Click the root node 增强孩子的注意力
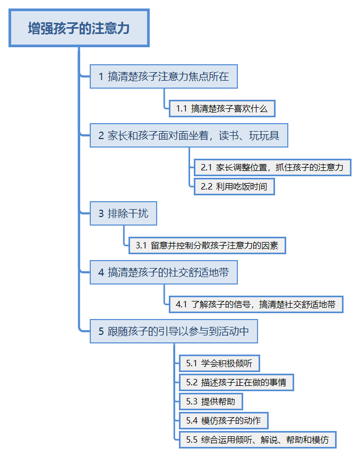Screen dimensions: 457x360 79,28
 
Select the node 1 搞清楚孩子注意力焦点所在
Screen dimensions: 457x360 164,77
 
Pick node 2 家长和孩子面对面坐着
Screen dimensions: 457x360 188,136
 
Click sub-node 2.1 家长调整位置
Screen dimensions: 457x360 272,168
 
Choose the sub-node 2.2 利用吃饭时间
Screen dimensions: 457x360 234,186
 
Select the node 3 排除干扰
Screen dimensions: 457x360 123,214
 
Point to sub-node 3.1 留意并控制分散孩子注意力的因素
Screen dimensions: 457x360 207,245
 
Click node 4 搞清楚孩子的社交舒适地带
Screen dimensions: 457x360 164,273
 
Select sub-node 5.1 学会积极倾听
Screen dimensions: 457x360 219,364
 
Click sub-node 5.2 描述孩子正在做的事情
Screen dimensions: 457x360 236,382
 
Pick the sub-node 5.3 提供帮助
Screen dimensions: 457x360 211,401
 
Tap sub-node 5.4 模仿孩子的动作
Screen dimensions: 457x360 224,421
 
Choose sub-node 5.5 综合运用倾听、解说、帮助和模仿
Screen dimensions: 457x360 258,440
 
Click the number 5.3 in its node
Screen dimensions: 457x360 192,401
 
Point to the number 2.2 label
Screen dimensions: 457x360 207,186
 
